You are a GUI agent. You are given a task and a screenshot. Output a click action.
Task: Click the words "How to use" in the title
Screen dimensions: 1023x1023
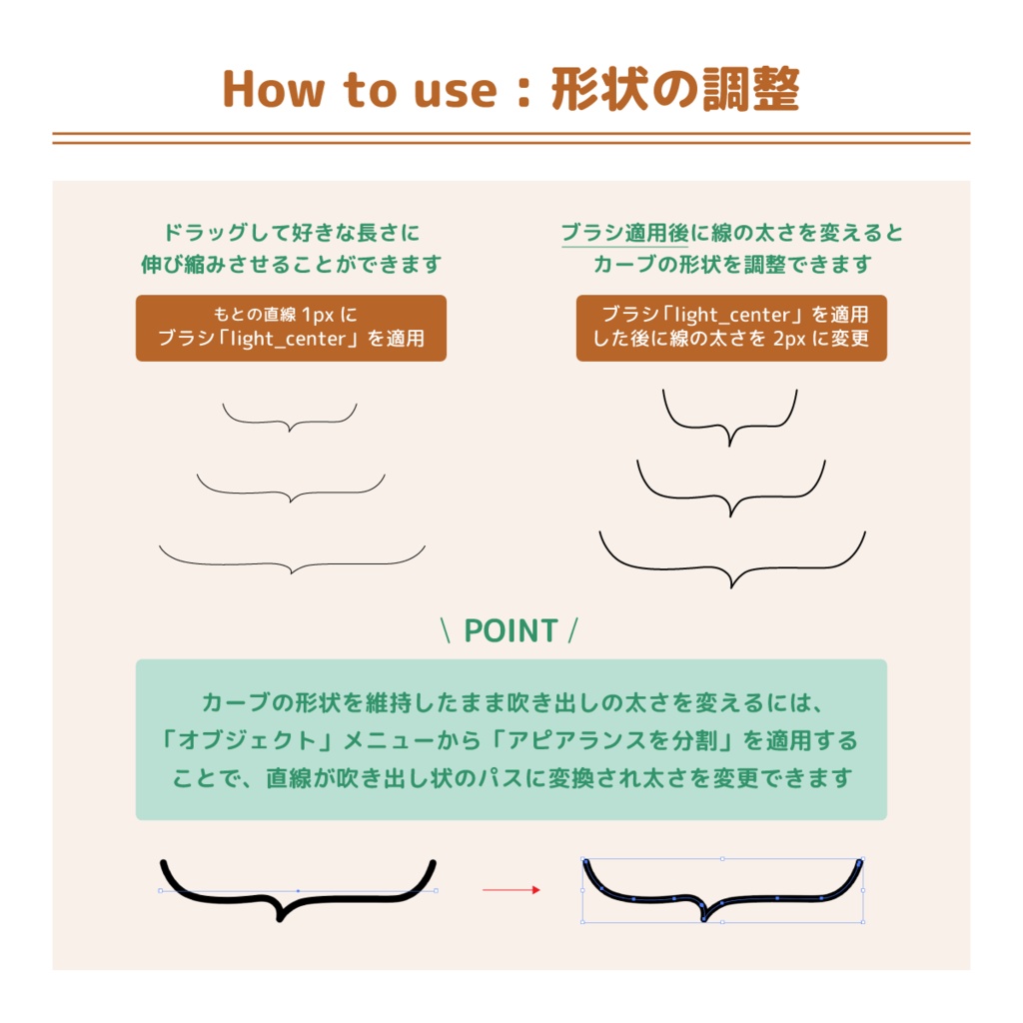[x=359, y=90]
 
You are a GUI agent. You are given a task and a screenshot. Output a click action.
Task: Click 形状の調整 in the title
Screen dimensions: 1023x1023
[x=675, y=90]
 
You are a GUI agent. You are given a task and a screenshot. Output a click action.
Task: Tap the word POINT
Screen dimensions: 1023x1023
[x=511, y=631]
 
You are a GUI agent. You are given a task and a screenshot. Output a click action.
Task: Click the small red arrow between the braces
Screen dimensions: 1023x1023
[x=511, y=890]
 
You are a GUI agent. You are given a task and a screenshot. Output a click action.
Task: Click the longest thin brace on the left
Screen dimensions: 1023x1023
[x=291, y=562]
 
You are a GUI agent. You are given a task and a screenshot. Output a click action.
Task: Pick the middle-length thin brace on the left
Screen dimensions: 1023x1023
[x=291, y=492]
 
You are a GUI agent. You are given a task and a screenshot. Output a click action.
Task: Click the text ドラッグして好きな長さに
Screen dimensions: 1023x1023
[x=291, y=234]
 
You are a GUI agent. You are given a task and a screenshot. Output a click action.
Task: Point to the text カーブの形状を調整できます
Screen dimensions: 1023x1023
[x=732, y=266]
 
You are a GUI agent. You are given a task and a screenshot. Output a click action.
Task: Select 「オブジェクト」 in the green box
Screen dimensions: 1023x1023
[x=245, y=741]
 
